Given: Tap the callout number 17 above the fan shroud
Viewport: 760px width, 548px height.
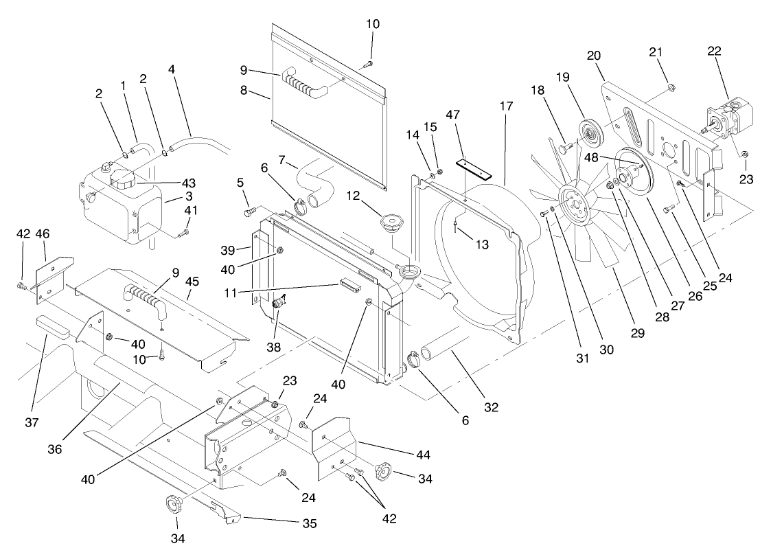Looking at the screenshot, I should [506, 108].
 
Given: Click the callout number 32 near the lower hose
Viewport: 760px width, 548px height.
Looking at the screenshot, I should [491, 407].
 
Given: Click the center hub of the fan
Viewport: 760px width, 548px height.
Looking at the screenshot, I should [573, 200].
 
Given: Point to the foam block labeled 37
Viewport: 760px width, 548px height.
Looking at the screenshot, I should [52, 326].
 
